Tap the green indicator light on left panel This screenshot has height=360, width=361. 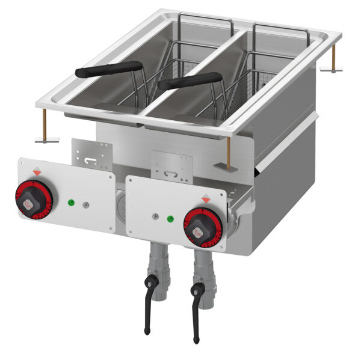pos(72,201)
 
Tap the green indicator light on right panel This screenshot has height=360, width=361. pos(170,218)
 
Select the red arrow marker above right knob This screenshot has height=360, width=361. pos(206,197)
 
